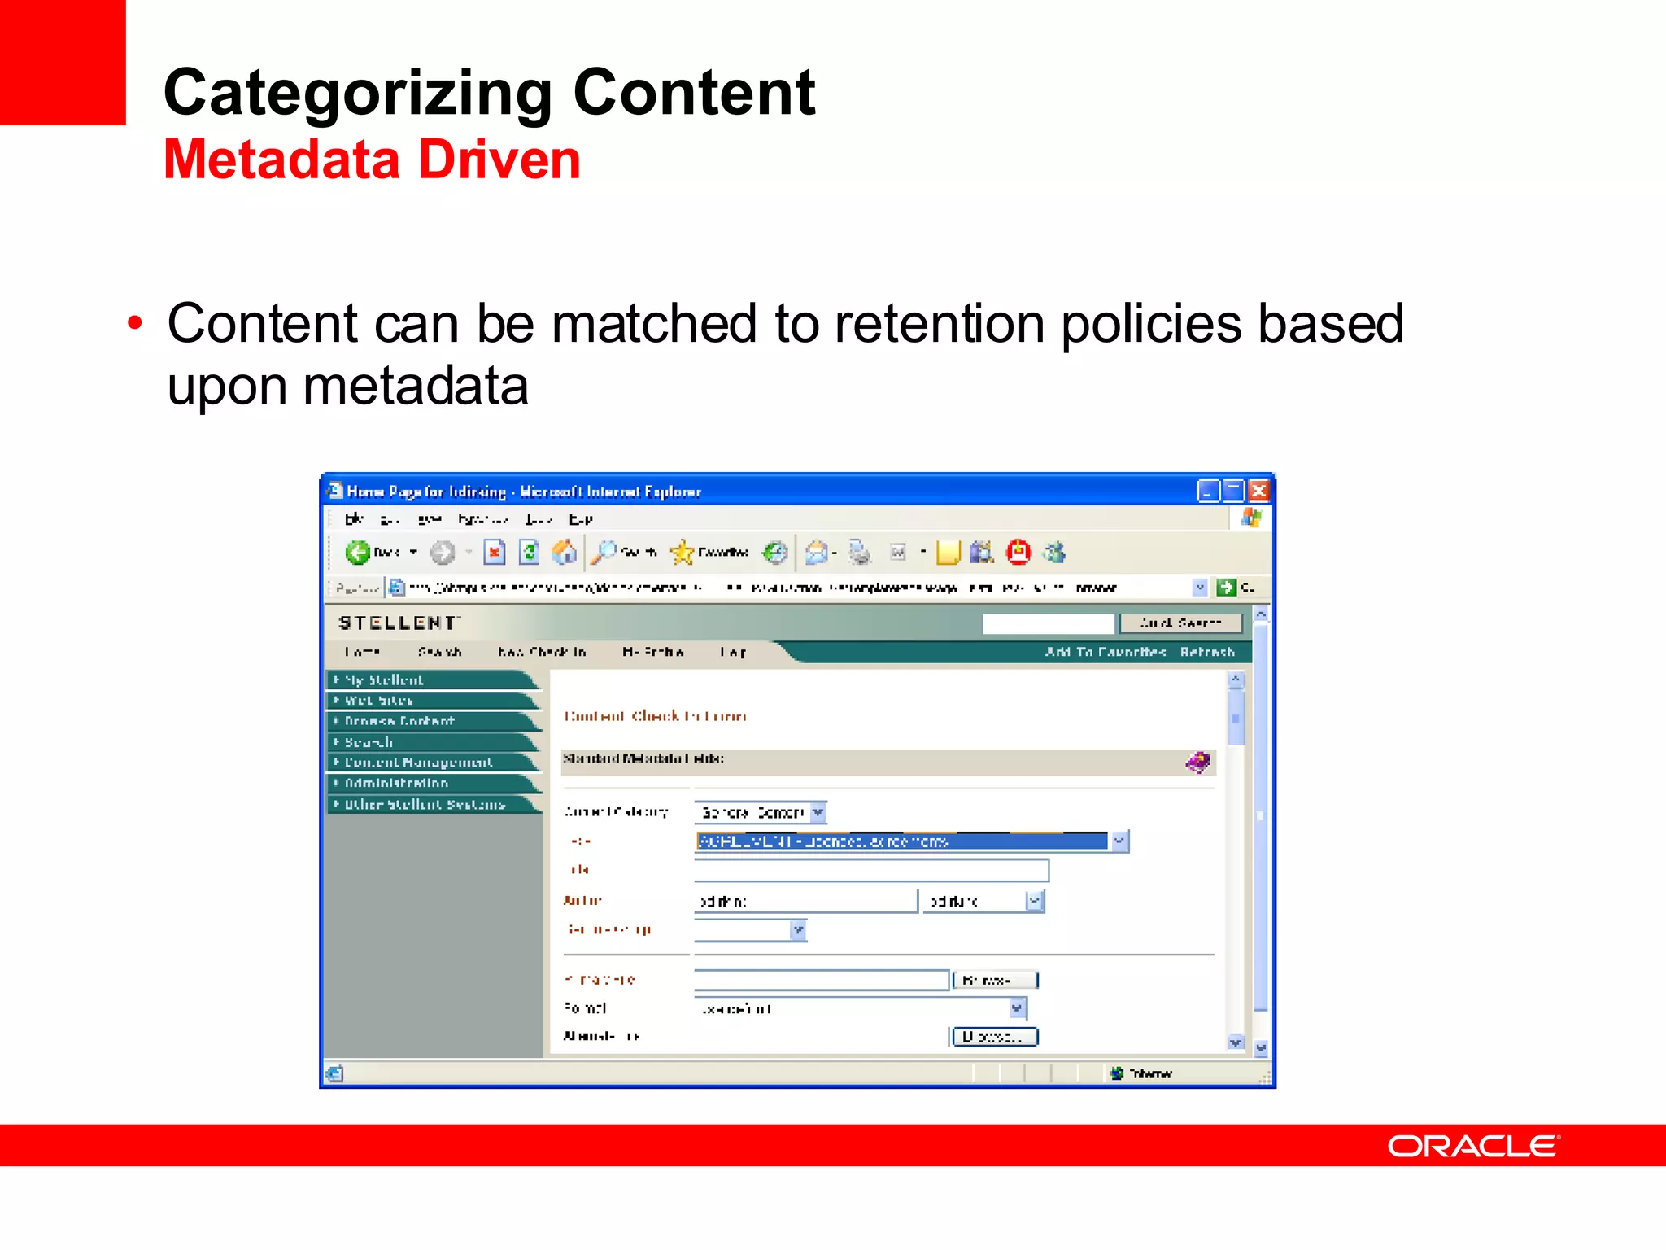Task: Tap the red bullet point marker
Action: coord(135,323)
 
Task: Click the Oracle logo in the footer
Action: coord(1472,1146)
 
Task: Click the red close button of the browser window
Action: coord(1258,491)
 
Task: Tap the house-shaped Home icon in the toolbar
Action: coord(564,553)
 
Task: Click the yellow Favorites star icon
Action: coord(682,553)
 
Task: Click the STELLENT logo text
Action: coord(399,623)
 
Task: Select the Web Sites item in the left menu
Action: coord(379,701)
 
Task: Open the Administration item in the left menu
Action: coord(396,783)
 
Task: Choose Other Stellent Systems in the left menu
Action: coord(425,804)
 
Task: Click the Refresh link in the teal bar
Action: coord(1207,652)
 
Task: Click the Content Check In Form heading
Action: coord(655,716)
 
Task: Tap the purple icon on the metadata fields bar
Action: coord(1197,762)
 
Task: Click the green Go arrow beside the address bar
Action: coord(1226,588)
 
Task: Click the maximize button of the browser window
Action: coord(1233,491)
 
